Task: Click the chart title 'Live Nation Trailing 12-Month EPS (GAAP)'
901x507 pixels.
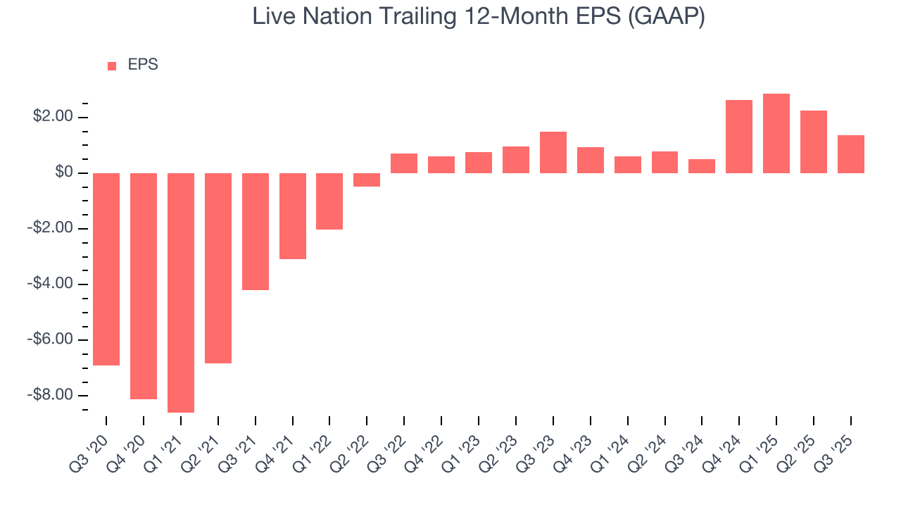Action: click(479, 18)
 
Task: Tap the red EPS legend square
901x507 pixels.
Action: click(112, 65)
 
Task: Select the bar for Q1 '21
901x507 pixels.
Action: click(181, 292)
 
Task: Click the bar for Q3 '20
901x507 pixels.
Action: click(106, 269)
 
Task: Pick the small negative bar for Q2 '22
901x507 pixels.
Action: click(367, 180)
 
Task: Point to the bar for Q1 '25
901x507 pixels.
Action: click(776, 134)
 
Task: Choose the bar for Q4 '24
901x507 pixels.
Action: click(739, 137)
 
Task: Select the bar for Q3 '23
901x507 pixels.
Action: click(553, 152)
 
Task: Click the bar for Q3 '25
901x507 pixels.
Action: click(850, 154)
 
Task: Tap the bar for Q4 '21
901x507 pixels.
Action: click(292, 216)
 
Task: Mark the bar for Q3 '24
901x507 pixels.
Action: click(702, 166)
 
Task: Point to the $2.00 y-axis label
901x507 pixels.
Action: click(53, 116)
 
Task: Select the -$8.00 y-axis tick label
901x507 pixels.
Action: click(50, 394)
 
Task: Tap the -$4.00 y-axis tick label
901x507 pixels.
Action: click(50, 283)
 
